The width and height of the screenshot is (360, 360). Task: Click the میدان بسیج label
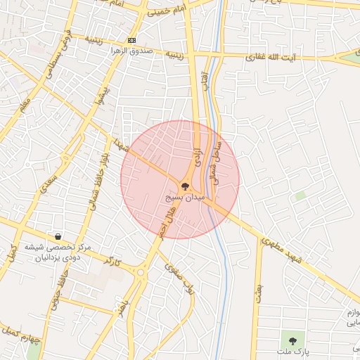tap(186, 199)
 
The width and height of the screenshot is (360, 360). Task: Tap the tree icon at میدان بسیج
tap(186, 187)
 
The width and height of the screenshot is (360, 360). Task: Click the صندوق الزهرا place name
tap(131, 51)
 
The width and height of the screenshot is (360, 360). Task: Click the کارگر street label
tap(112, 262)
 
